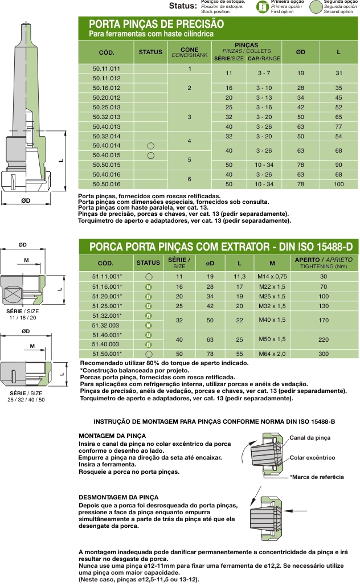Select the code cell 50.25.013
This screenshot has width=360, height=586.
point(107,107)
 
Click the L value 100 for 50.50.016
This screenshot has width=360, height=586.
point(338,185)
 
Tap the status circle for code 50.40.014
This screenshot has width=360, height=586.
point(151,146)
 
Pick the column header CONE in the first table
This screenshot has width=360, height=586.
point(189,50)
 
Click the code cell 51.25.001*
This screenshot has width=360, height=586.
point(107,306)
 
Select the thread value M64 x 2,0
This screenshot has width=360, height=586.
point(272,354)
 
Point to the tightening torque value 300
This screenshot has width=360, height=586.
point(324,354)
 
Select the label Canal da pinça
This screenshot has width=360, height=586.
point(310,438)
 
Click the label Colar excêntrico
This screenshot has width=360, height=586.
point(312,458)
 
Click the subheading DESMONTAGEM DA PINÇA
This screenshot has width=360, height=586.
point(118,497)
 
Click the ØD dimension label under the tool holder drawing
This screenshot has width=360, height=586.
point(26,201)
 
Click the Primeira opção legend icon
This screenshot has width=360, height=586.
point(262,6)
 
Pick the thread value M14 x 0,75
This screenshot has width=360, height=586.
point(272,276)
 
